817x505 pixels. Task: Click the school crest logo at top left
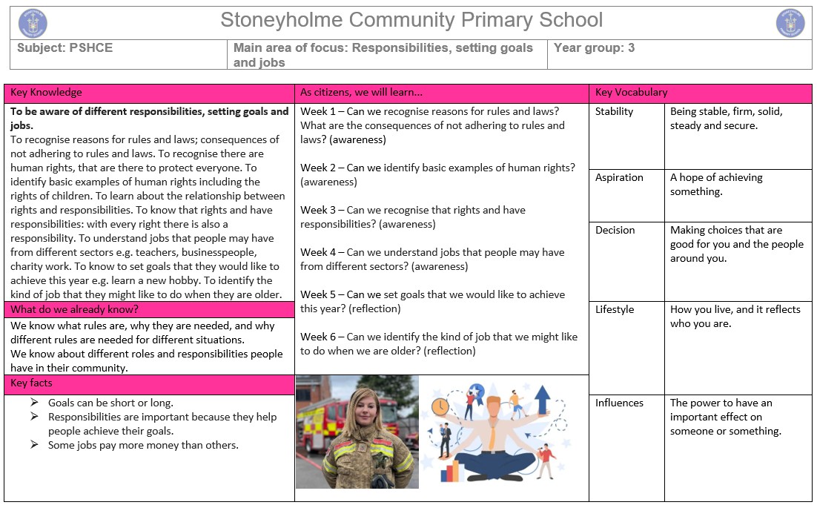(33, 23)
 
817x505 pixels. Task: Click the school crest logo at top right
(790, 23)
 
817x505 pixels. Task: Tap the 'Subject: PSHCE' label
(66, 48)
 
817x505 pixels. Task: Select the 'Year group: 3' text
(594, 48)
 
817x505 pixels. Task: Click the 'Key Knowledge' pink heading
(46, 93)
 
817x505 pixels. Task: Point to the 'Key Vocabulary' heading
(631, 93)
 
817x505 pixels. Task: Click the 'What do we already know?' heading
(74, 309)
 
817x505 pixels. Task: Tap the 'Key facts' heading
(31, 383)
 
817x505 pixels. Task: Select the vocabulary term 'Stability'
(615, 112)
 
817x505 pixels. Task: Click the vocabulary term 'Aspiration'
(619, 178)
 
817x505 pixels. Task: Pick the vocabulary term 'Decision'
(615, 231)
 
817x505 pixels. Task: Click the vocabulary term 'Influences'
(619, 403)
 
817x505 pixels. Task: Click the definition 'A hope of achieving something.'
(715, 185)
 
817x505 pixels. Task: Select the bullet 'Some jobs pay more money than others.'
(143, 445)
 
